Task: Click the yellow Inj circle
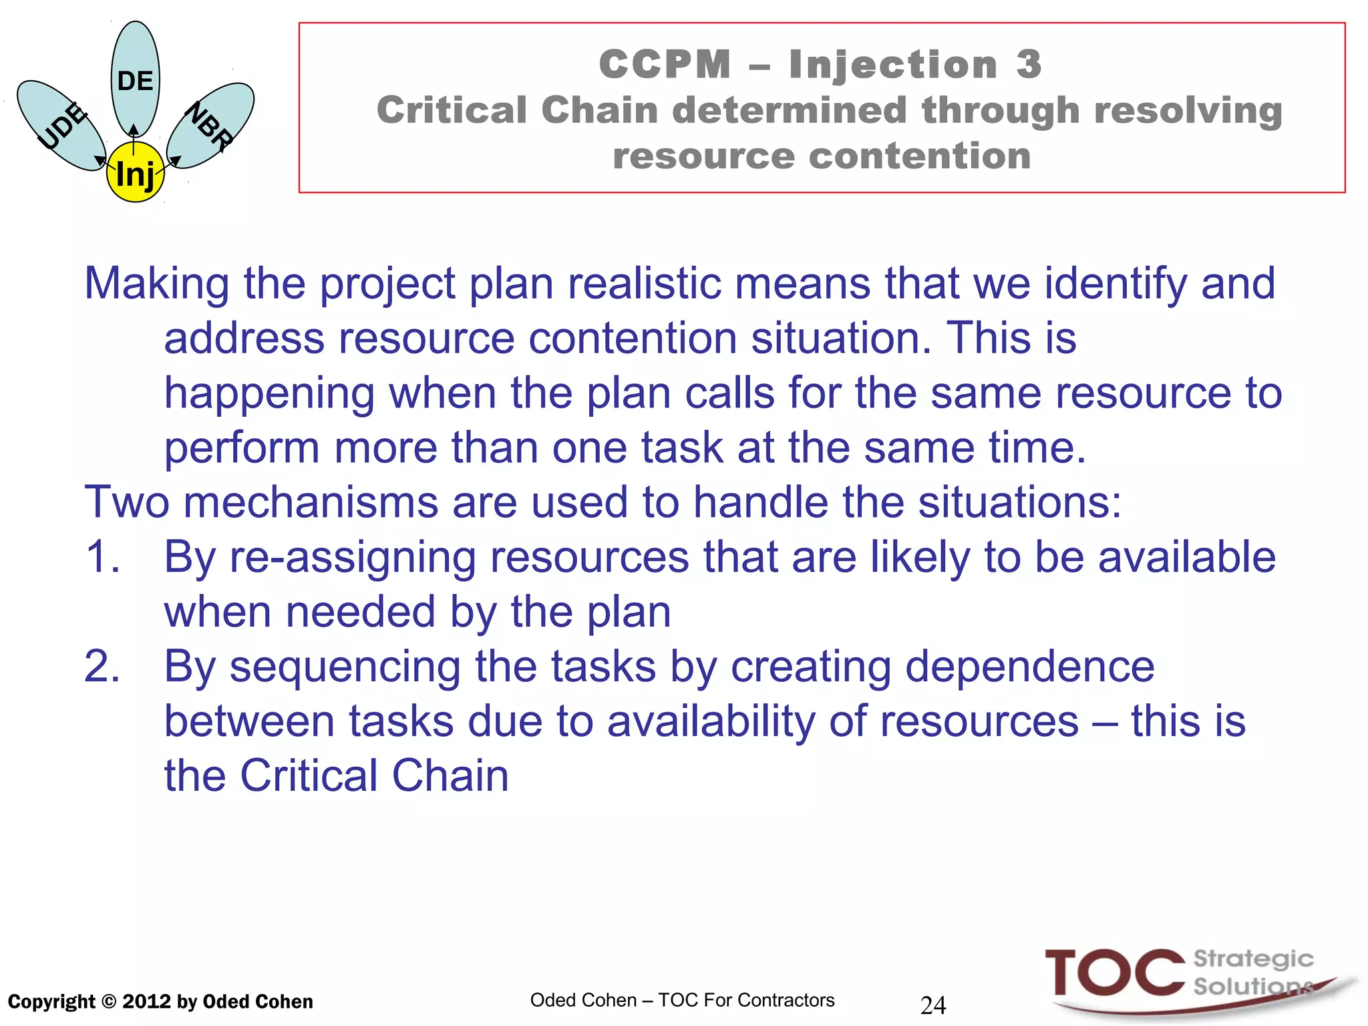(135, 173)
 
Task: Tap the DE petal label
(135, 81)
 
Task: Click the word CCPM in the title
(665, 65)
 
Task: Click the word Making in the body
(157, 283)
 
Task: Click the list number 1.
(102, 556)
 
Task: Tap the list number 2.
(102, 666)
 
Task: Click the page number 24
(933, 1005)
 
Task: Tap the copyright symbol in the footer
(110, 1002)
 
